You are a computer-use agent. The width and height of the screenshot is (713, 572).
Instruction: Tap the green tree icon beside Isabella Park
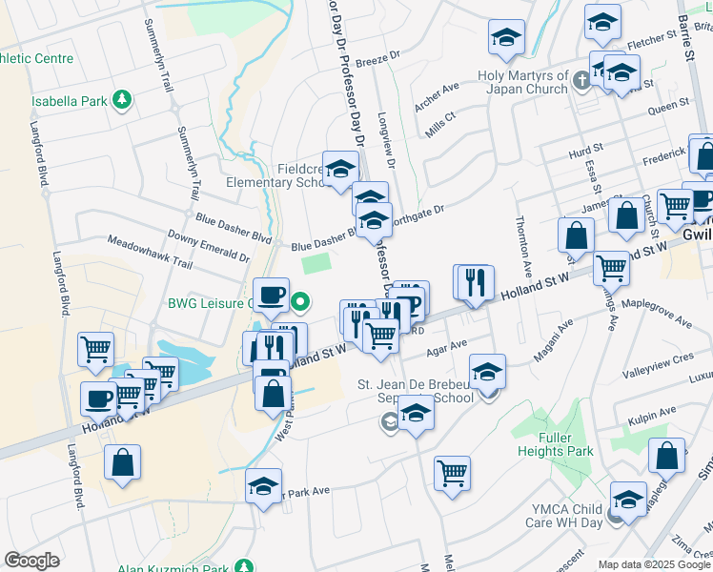click(121, 98)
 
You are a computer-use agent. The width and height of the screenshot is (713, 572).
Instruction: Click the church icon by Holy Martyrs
click(582, 83)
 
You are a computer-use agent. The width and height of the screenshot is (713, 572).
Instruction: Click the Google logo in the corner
click(31, 560)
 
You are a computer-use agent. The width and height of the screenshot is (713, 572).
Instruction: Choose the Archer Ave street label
click(438, 96)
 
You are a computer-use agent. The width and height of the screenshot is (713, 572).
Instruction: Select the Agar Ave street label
click(446, 347)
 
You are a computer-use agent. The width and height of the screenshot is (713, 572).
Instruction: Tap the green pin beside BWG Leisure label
click(300, 303)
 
